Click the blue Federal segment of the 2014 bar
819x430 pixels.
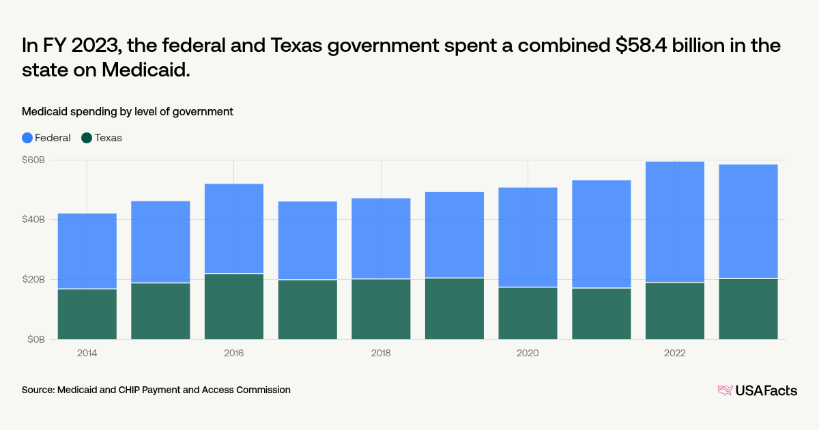click(87, 250)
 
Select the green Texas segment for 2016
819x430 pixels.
click(234, 306)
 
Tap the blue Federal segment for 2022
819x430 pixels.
click(675, 222)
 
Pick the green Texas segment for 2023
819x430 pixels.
click(748, 309)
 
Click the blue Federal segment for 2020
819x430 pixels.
click(528, 237)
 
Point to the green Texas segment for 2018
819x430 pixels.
click(381, 309)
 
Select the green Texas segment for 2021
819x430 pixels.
click(601, 313)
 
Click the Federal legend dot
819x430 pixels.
click(27, 138)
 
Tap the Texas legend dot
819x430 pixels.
click(87, 138)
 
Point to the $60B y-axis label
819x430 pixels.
click(33, 160)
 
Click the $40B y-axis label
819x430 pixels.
click(33, 220)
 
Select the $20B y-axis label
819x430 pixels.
click(33, 279)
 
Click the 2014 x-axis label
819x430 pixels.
click(87, 354)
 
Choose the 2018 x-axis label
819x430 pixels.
click(381, 354)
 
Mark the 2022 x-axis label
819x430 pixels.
click(675, 354)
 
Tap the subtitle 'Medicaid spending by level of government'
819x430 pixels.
click(128, 111)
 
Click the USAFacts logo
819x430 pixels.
click(757, 390)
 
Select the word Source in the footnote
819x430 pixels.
click(38, 390)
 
